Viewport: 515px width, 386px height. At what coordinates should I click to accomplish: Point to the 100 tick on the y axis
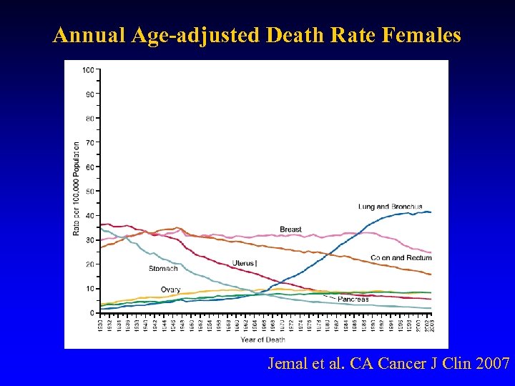[88, 70]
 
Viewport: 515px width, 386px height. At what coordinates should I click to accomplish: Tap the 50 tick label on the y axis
[89, 192]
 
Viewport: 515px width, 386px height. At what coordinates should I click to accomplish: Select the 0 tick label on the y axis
[92, 313]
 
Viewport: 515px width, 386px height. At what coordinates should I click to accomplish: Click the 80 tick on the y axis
[89, 119]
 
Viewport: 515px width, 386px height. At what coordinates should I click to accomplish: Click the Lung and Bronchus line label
[391, 207]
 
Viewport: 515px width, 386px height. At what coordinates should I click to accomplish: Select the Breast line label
[290, 229]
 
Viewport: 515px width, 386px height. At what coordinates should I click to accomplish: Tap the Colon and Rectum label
[401, 257]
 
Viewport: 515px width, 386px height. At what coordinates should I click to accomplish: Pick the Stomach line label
[163, 269]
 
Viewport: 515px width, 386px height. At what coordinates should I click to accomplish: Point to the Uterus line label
[244, 264]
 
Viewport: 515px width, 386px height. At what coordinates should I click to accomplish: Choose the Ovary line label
[170, 289]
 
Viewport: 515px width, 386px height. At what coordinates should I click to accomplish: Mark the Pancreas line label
[353, 300]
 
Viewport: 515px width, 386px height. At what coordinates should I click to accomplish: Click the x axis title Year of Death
[263, 340]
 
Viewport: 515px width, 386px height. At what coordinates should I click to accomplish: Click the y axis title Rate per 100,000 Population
[76, 188]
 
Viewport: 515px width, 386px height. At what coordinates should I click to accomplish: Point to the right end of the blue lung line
[431, 212]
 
